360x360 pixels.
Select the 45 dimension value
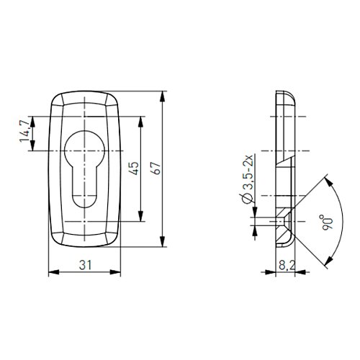pyautogui.click(x=134, y=168)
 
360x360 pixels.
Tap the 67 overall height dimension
pyautogui.click(x=156, y=168)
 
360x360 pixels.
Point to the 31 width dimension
pyautogui.click(x=86, y=266)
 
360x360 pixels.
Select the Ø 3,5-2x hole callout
pyautogui.click(x=248, y=179)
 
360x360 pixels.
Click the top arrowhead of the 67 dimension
pyautogui.click(x=163, y=96)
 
